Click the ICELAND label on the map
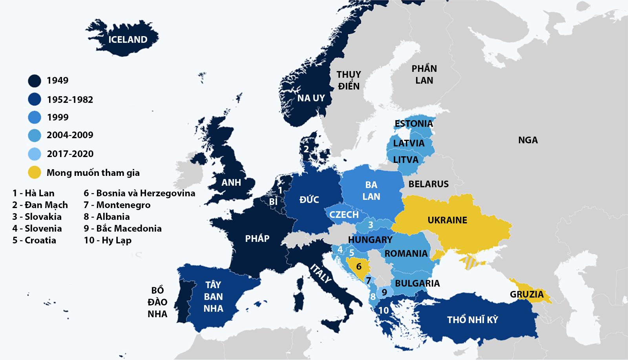point(128,40)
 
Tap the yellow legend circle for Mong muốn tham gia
point(35,172)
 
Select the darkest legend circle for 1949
point(35,81)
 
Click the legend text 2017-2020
point(70,154)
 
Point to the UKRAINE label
point(447,220)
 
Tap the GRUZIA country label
point(526,294)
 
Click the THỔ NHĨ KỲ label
point(472,320)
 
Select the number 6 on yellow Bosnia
point(359,267)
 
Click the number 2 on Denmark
point(306,149)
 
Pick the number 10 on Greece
point(383,311)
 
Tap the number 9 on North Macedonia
point(384,292)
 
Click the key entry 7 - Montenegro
point(117,205)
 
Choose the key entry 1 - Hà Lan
point(33,193)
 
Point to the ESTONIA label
point(414,124)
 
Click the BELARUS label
point(428,184)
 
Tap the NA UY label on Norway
point(311,98)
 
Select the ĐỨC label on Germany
point(309,200)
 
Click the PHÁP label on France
point(257,239)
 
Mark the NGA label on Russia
point(528,140)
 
